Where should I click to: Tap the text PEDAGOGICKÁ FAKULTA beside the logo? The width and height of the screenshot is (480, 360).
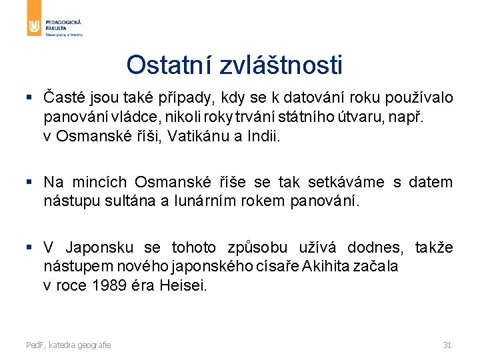64,25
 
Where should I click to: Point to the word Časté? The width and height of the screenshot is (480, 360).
65,98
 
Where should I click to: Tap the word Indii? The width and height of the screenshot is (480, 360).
265,137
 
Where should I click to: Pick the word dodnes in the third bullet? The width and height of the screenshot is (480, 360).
373,248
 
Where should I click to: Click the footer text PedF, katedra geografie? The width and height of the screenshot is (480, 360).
69,345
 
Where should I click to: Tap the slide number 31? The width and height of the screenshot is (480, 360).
447,345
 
